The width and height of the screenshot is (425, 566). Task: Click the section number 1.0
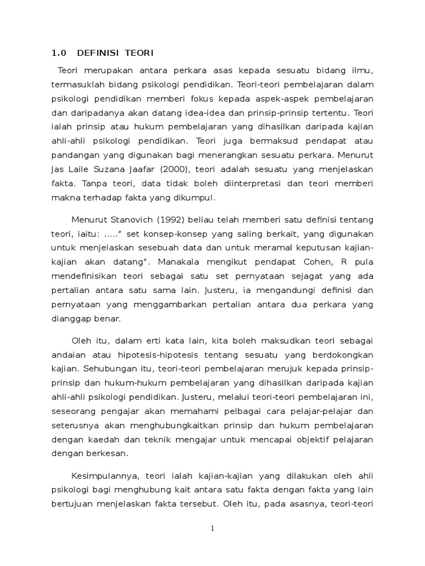coord(59,53)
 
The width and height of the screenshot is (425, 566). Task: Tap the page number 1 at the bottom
coord(212,528)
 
